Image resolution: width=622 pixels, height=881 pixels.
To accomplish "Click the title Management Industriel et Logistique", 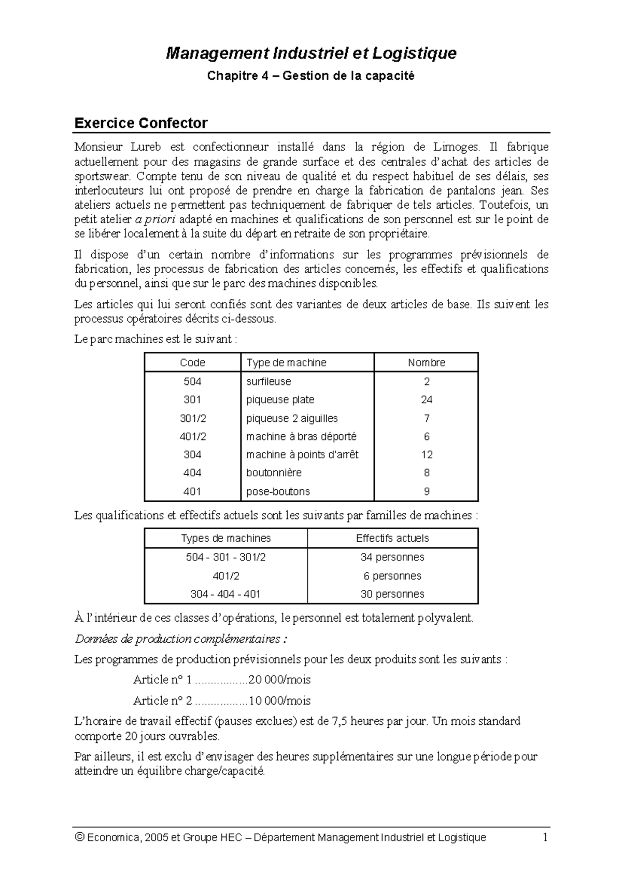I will (311, 53).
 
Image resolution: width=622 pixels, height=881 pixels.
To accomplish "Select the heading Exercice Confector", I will (141, 123).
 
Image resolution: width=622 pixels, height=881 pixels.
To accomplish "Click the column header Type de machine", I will (286, 363).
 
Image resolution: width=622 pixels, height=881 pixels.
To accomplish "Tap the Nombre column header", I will (426, 363).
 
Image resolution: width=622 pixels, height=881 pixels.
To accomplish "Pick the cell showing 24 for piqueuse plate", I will (427, 400).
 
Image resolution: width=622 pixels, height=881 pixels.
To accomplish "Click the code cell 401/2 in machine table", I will (192, 436).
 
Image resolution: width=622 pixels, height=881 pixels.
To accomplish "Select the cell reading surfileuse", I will (268, 381).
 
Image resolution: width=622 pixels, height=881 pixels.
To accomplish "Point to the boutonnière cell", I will (274, 473).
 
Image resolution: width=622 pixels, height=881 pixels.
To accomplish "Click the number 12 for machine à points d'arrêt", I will (427, 455).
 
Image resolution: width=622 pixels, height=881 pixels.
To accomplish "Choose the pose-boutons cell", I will (278, 491).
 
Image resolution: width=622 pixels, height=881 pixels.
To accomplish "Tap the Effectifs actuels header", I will (392, 538).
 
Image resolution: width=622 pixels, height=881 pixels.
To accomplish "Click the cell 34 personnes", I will (392, 557).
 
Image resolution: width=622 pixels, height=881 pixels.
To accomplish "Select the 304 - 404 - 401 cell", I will (225, 594).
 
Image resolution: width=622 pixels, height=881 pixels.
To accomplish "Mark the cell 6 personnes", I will (392, 576).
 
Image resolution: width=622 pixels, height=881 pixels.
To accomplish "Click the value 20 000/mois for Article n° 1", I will (279, 680).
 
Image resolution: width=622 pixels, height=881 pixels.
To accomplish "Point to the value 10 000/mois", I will (279, 701).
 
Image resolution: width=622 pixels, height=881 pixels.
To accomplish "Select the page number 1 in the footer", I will (545, 837).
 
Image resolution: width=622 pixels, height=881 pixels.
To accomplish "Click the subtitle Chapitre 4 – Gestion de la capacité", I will (311, 76).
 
